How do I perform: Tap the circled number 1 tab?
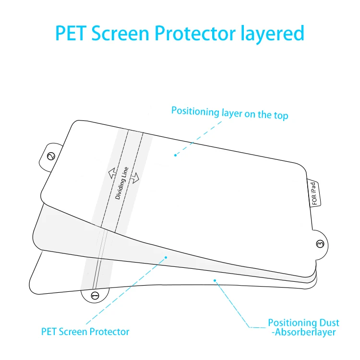[95, 295]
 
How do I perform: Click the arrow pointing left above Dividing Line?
[111, 172]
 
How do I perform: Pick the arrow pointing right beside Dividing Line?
[135, 178]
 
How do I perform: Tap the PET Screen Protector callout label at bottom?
[85, 331]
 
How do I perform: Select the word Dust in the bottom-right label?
[330, 323]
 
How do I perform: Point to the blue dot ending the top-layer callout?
[176, 155]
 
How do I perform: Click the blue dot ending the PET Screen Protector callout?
[166, 258]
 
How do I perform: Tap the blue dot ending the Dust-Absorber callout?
[215, 280]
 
